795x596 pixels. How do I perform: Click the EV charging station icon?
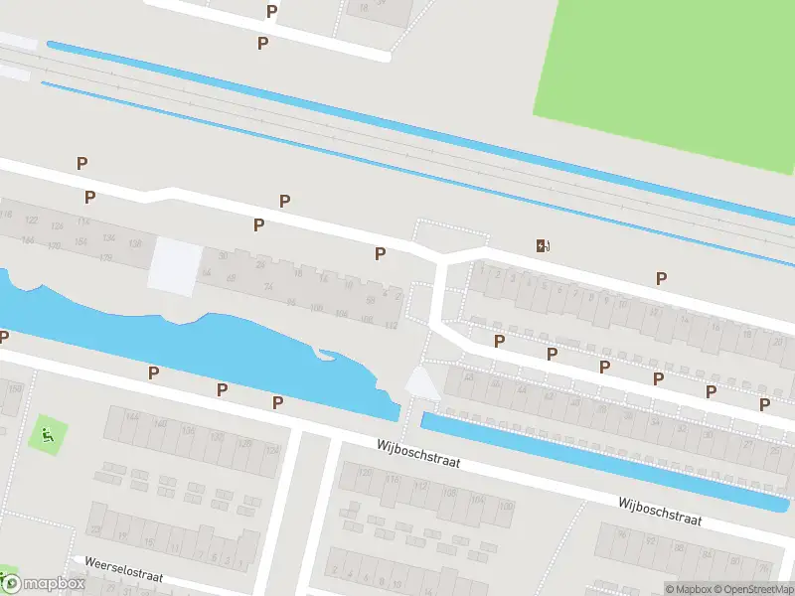[x=543, y=246]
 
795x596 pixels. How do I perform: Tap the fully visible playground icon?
[x=46, y=433]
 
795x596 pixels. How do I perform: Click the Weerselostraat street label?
[x=124, y=568]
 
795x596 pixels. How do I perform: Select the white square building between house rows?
[x=174, y=265]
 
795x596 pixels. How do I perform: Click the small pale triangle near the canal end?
[x=421, y=382]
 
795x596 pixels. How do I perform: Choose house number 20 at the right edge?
[x=777, y=342]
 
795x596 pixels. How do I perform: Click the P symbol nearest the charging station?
[x=661, y=279]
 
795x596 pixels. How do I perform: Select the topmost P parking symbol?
[x=272, y=12]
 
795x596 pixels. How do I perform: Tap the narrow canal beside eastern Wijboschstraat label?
[x=596, y=461]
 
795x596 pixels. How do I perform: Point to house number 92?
[x=291, y=302]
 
